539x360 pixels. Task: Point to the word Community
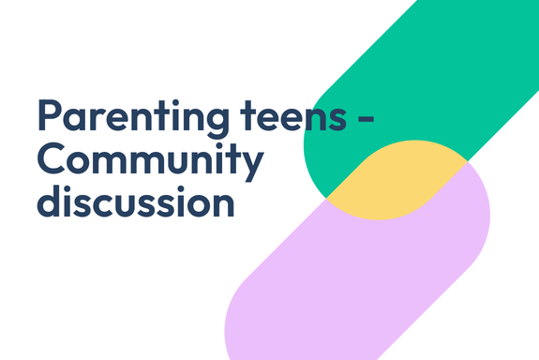coord(149,161)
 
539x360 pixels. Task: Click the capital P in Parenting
coord(50,116)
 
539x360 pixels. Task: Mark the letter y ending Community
coord(251,166)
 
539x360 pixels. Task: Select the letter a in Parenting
coord(75,121)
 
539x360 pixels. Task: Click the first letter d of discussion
coord(49,200)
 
